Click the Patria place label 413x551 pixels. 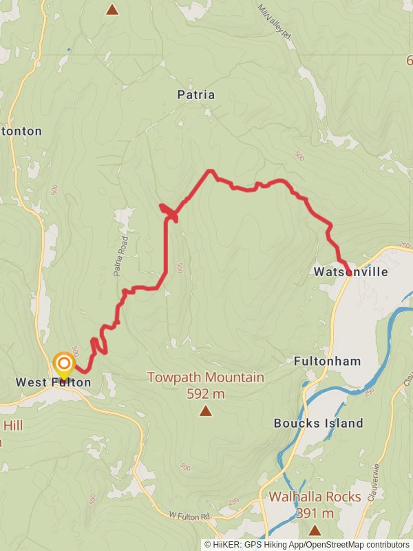pyautogui.click(x=195, y=95)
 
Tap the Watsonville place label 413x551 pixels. pyautogui.click(x=351, y=272)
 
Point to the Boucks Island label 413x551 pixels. pyautogui.click(x=318, y=423)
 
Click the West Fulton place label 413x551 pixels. pyautogui.click(x=54, y=382)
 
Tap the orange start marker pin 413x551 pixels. pyautogui.click(x=64, y=364)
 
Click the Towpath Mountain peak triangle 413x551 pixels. pyautogui.click(x=205, y=411)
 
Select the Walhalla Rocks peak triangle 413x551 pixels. pyautogui.click(x=315, y=530)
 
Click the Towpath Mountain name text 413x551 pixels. pyautogui.click(x=206, y=377)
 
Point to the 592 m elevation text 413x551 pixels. pyautogui.click(x=206, y=394)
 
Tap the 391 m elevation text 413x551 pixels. pyautogui.click(x=315, y=513)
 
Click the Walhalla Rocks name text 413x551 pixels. pyautogui.click(x=315, y=497)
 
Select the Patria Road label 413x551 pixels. pyautogui.click(x=122, y=256)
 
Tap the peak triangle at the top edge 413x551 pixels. pyautogui.click(x=112, y=9)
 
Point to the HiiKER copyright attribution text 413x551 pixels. pyautogui.click(x=306, y=544)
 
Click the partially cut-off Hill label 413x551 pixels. pyautogui.click(x=13, y=426)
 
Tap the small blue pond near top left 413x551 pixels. pyautogui.click(x=68, y=50)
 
